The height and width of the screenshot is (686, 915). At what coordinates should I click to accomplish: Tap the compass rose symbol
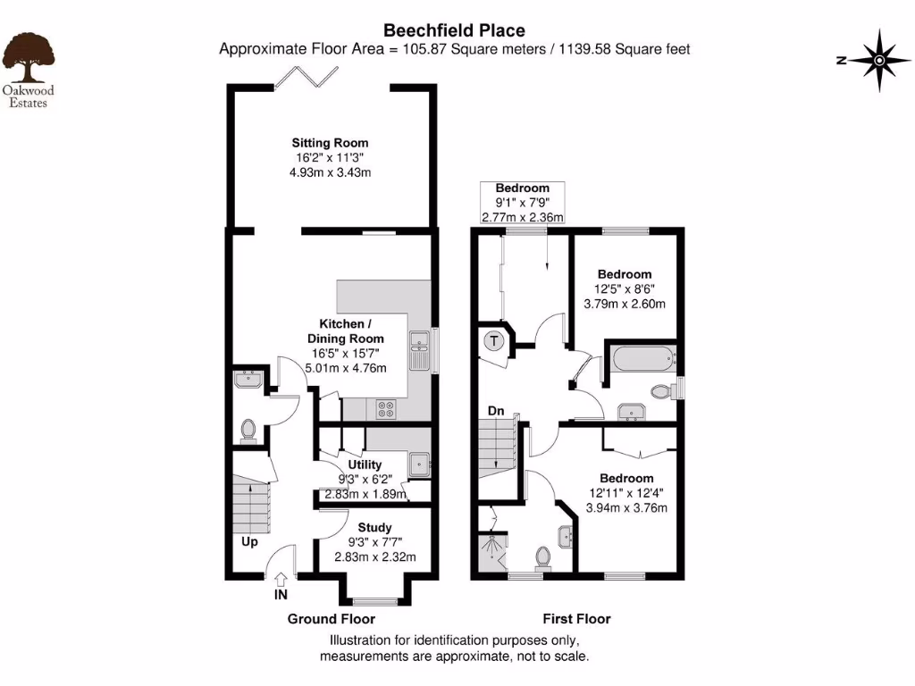(x=878, y=61)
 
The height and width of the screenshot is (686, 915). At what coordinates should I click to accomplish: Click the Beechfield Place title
(x=454, y=31)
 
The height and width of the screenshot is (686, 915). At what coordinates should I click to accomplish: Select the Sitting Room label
(x=330, y=143)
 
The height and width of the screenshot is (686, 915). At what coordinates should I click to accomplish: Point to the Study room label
(x=374, y=527)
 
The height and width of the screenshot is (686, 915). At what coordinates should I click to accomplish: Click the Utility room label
(x=365, y=464)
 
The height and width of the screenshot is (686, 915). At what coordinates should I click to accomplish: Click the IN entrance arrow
(x=281, y=581)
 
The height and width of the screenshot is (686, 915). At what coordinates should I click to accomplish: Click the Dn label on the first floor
(x=496, y=412)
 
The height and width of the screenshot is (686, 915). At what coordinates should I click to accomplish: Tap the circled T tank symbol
(x=493, y=340)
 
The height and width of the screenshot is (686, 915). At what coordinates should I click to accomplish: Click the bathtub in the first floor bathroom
(x=641, y=360)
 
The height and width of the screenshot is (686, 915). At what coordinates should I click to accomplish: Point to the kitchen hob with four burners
(x=388, y=408)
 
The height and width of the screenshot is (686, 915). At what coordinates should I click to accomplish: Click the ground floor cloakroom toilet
(x=248, y=431)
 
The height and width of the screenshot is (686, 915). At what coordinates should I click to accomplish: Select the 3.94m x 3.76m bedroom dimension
(x=626, y=507)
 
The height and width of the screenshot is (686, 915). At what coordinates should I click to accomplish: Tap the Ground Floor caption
(x=331, y=619)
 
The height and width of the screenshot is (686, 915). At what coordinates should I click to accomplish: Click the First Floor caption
(x=576, y=618)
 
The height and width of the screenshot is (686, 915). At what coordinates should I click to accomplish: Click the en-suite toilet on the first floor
(x=541, y=556)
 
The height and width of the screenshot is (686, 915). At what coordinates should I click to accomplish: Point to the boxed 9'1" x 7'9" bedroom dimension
(x=523, y=203)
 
